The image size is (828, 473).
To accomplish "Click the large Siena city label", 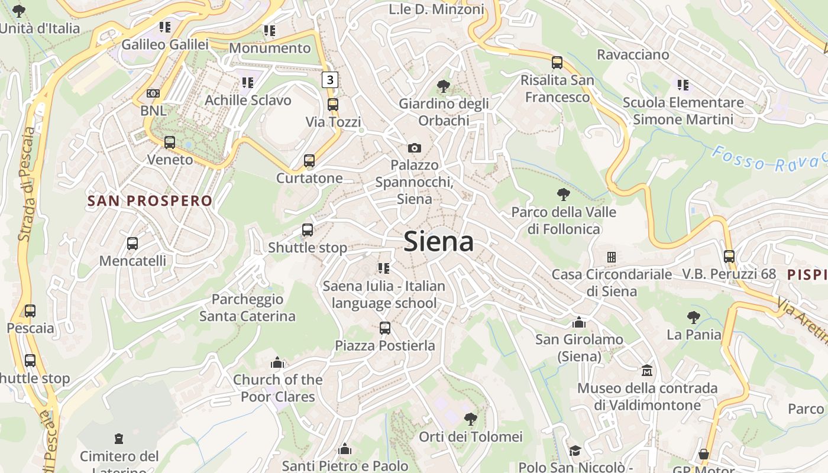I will pyautogui.click(x=438, y=242).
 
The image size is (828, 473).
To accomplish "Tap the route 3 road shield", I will pyautogui.click(x=330, y=79).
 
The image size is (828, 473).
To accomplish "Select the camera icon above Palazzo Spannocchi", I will pyautogui.click(x=415, y=148).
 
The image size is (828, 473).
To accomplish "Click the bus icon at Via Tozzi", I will pyautogui.click(x=333, y=105).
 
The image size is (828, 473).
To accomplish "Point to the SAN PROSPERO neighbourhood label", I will pyautogui.click(x=150, y=200).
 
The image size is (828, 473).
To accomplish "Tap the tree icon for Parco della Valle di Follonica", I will pyautogui.click(x=564, y=194).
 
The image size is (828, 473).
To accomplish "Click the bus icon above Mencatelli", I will pyautogui.click(x=132, y=243).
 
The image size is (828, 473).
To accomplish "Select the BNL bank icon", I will pyautogui.click(x=153, y=93).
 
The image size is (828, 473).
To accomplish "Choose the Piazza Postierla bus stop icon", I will pyautogui.click(x=385, y=328).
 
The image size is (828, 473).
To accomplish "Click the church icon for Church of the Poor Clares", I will pyautogui.click(x=277, y=362).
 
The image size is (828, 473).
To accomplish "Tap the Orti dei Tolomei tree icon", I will pyautogui.click(x=471, y=419).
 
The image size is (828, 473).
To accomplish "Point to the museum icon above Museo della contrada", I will pyautogui.click(x=648, y=371).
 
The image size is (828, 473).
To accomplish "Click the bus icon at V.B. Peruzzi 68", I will pyautogui.click(x=729, y=257).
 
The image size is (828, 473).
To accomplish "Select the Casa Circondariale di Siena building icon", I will pyautogui.click(x=612, y=257).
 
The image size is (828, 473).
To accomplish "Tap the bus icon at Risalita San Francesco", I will pyautogui.click(x=557, y=62).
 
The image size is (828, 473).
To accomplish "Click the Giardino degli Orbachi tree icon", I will pyautogui.click(x=443, y=86).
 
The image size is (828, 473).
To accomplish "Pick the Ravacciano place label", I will pyautogui.click(x=633, y=55).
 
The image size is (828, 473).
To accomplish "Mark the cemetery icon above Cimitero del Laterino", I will pyautogui.click(x=119, y=439).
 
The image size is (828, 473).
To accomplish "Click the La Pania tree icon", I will pyautogui.click(x=694, y=318).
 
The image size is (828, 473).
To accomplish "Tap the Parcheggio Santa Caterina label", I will pyautogui.click(x=247, y=307).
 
